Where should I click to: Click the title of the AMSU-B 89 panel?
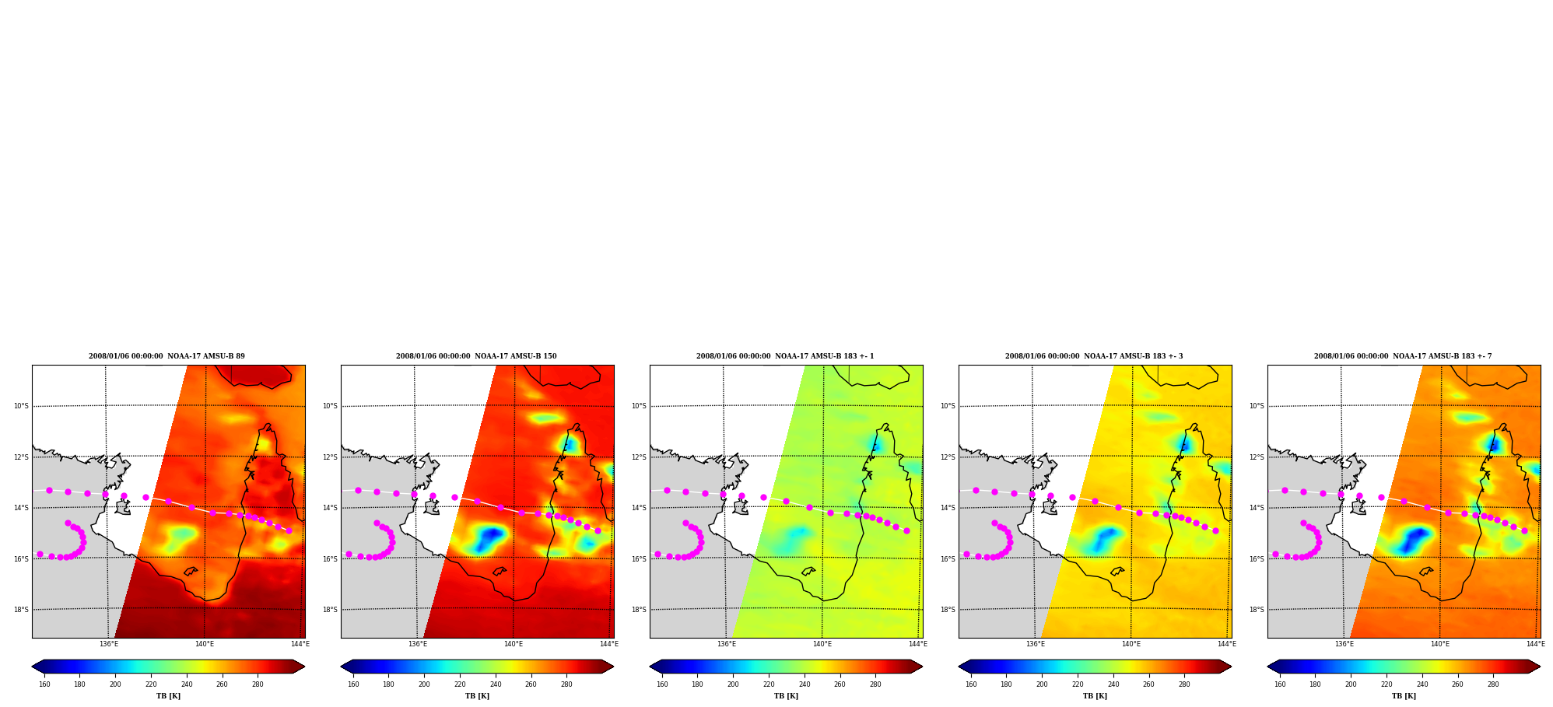pos(167,356)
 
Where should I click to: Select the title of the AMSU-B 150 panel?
pos(476,356)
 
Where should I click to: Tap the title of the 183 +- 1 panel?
pos(785,356)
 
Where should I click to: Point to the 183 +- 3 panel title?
pos(1094,356)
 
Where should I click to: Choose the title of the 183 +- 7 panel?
pos(1403,356)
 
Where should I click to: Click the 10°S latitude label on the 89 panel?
pos(21,406)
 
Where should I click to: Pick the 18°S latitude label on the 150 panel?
pos(330,610)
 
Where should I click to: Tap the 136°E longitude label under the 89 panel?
pos(109,644)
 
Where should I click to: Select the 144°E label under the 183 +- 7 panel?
pos(1535,644)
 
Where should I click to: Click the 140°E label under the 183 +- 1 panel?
pos(822,644)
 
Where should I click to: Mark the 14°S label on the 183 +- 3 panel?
pos(948,508)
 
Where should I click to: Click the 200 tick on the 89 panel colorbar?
pos(115,684)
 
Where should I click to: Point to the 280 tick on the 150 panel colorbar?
pos(566,684)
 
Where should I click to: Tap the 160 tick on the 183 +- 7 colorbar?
pos(1280,684)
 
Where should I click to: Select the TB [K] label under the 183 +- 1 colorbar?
pos(786,696)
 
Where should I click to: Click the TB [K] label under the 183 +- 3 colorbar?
pos(1095,696)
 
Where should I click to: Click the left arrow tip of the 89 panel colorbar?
pos(32,667)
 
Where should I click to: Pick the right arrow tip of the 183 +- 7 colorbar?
pos(1540,667)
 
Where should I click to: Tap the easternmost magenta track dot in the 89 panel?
pos(289,530)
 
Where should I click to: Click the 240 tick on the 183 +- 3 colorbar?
pos(1113,684)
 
